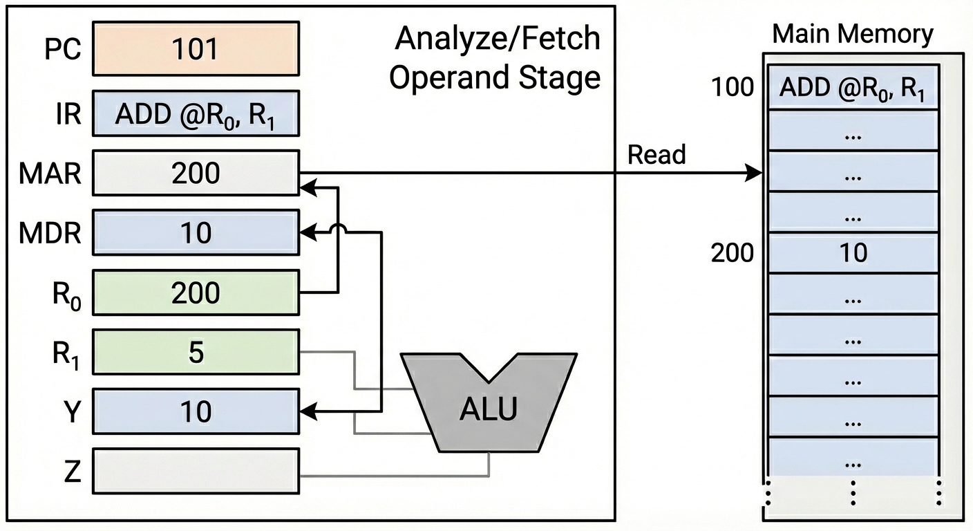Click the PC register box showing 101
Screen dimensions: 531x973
tap(196, 48)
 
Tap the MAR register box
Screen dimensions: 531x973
tap(196, 172)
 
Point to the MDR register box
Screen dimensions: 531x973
tap(196, 232)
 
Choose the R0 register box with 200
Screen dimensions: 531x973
tap(196, 292)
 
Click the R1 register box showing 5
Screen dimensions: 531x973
tap(196, 353)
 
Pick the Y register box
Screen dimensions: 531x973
tap(196, 411)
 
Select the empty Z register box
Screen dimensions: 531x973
tap(196, 471)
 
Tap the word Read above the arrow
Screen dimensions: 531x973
tap(656, 155)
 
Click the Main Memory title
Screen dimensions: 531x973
tap(853, 33)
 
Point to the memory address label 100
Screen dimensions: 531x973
tap(733, 88)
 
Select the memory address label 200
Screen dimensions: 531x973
tap(733, 253)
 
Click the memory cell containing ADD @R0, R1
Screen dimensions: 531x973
tap(853, 88)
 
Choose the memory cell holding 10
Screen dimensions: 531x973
tap(853, 253)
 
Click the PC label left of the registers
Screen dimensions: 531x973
tap(62, 50)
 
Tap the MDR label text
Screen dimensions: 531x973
tap(50, 234)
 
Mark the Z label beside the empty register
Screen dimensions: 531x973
tap(72, 472)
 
